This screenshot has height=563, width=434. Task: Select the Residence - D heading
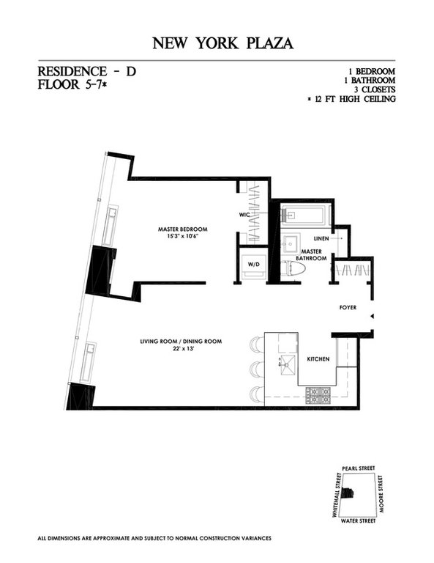click(x=86, y=72)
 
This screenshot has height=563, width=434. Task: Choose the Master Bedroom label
click(x=180, y=229)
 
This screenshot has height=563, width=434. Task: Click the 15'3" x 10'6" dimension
click(x=180, y=237)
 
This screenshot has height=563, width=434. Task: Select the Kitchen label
click(x=318, y=358)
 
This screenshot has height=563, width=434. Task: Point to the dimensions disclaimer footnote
click(x=154, y=538)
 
